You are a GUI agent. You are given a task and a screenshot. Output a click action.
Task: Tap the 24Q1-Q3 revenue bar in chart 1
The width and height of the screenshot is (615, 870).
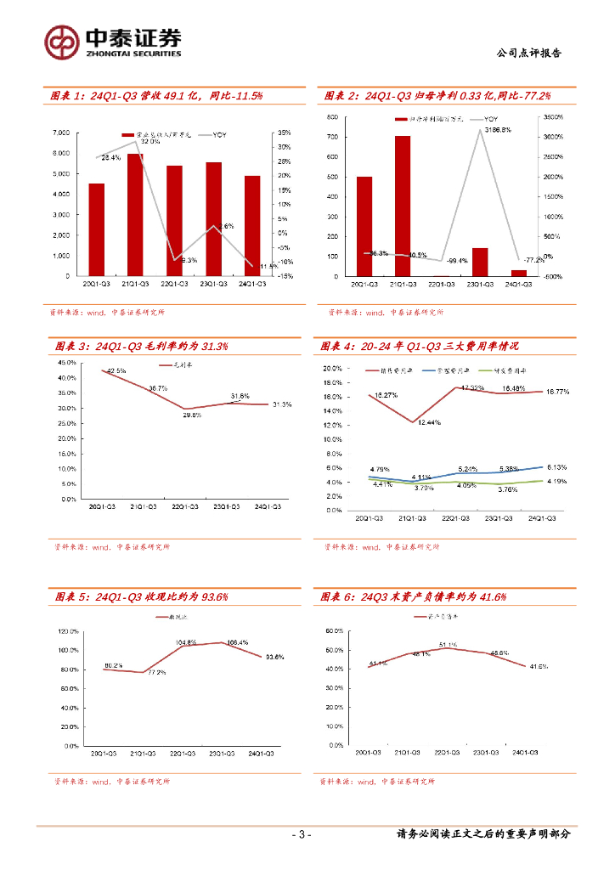tap(252, 226)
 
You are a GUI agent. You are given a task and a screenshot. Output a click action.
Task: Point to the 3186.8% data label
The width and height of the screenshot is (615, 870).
tap(497, 130)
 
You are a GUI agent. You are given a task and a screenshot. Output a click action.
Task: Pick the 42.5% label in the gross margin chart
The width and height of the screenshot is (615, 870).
tap(116, 370)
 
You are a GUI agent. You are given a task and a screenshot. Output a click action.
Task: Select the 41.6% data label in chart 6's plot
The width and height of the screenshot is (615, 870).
tap(537, 667)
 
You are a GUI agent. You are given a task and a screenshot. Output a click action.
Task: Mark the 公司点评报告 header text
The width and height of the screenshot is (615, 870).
tap(528, 53)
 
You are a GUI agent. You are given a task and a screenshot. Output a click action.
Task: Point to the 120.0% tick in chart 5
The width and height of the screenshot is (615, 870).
tap(68, 632)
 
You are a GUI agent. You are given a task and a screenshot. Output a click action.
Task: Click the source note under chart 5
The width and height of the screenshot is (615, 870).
tap(110, 781)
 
